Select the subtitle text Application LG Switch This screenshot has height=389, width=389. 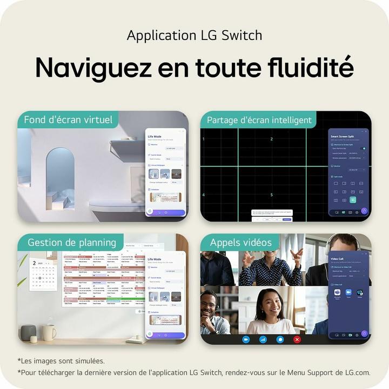pyautogui.click(x=194, y=36)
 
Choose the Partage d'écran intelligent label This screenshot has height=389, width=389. pyautogui.click(x=259, y=120)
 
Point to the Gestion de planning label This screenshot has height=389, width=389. pyautogui.click(x=72, y=243)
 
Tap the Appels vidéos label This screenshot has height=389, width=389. pyautogui.click(x=240, y=243)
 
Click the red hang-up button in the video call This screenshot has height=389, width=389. pyautogui.click(x=297, y=339)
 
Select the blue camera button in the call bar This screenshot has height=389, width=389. pyautogui.click(x=246, y=339)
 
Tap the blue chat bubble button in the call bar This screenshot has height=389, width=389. pyautogui.click(x=280, y=339)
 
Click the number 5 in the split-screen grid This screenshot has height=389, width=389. pyautogui.click(x=271, y=195)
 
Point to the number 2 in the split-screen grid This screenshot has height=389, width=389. pyautogui.click(x=271, y=139)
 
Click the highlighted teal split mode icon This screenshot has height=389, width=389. pyautogui.click(x=353, y=200)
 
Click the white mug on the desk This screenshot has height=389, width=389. pyautogui.click(x=49, y=332)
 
